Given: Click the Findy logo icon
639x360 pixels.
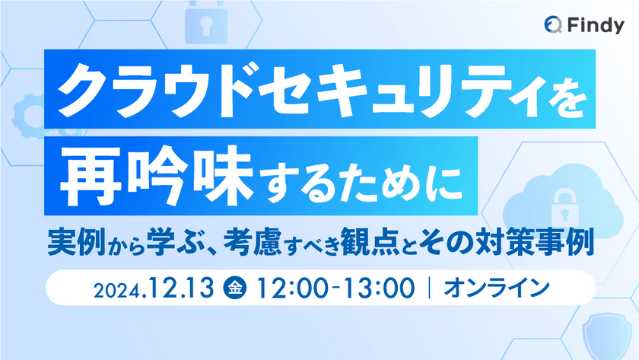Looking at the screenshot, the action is click(x=553, y=25).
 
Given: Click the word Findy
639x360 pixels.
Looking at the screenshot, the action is click(x=596, y=26).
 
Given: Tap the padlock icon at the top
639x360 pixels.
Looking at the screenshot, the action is click(x=206, y=22).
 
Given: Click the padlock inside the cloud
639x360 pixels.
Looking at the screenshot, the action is click(x=564, y=209).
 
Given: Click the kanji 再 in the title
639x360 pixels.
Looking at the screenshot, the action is click(x=91, y=176).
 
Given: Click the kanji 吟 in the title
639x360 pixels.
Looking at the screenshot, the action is click(x=157, y=176).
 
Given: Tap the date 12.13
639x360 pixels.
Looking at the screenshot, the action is click(x=181, y=288).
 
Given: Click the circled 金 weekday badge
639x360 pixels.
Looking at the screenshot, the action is click(x=234, y=288).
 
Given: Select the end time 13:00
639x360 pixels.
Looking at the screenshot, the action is click(x=379, y=288).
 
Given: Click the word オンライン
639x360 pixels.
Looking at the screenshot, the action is click(x=496, y=288).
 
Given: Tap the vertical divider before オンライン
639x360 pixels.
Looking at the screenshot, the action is click(x=429, y=288).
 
